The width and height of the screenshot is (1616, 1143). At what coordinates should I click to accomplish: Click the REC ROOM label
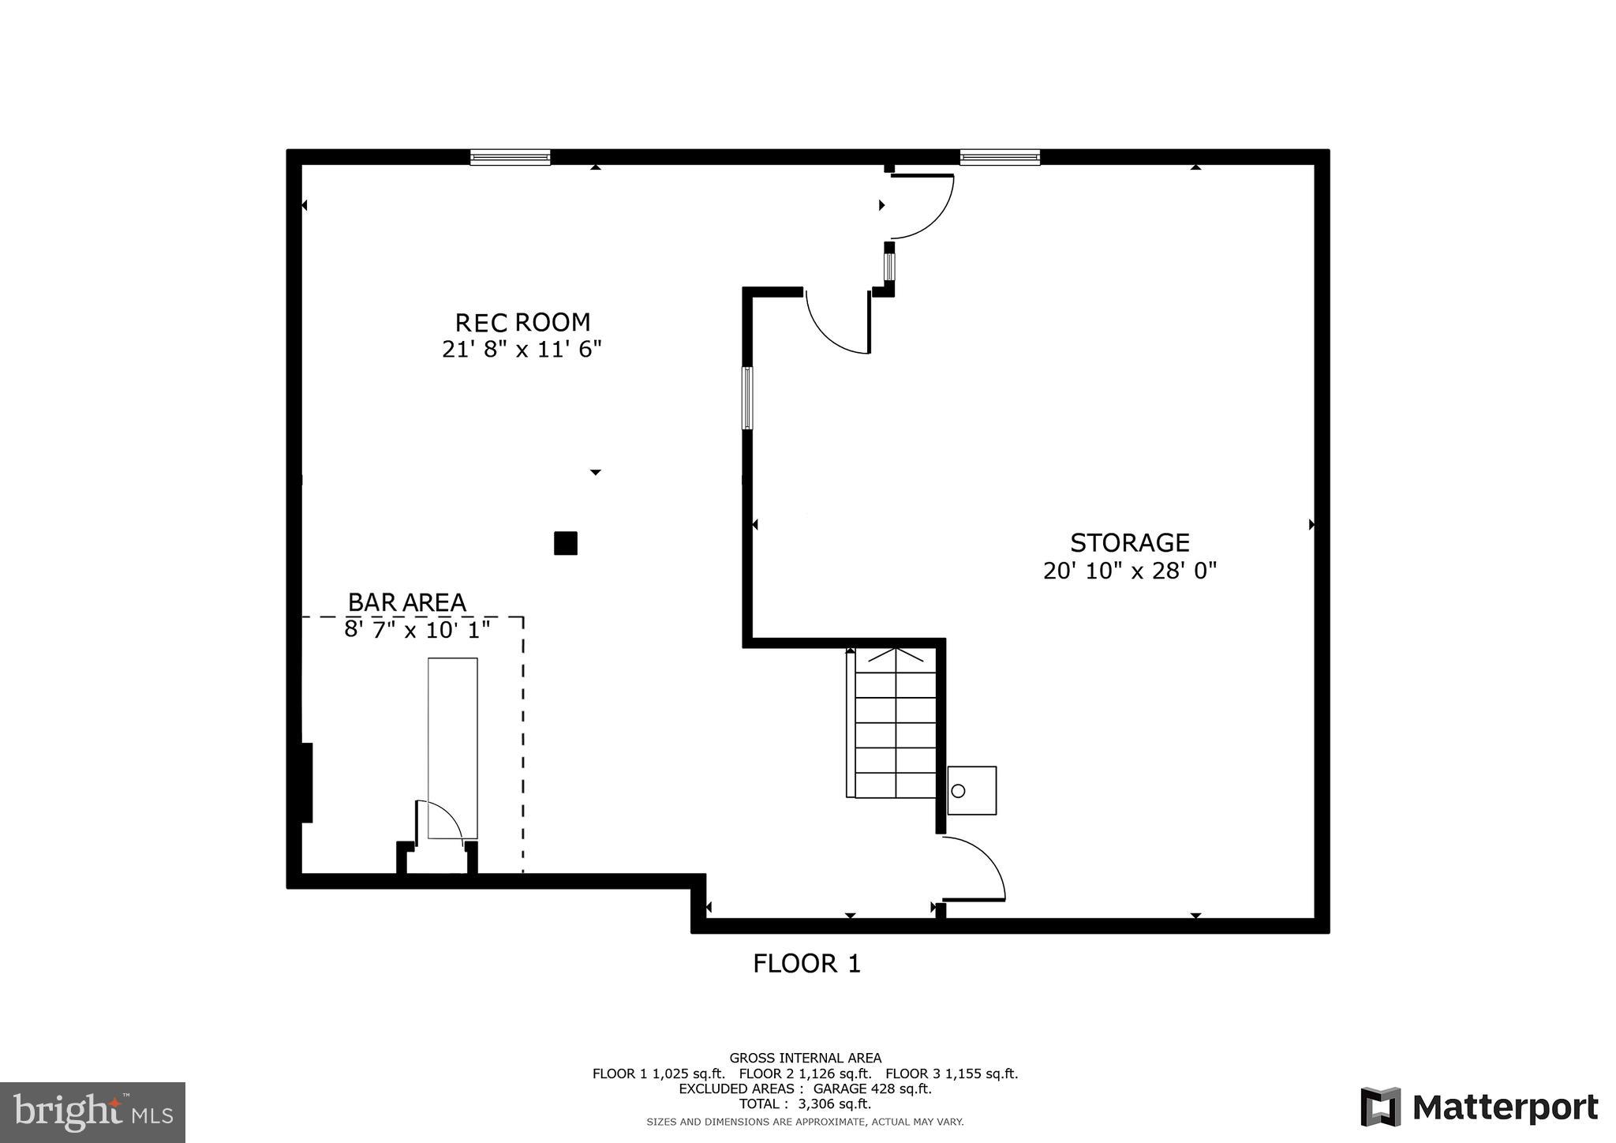tap(522, 322)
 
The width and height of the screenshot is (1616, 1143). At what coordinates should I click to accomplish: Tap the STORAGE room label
tap(1129, 542)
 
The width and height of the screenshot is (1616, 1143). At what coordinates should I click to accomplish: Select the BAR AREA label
tap(406, 602)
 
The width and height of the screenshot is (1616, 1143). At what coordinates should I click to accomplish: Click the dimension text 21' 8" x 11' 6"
tap(522, 349)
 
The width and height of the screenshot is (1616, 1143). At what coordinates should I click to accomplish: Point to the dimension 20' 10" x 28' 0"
tap(1129, 570)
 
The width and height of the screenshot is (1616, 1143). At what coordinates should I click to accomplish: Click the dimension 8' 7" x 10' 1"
tap(417, 630)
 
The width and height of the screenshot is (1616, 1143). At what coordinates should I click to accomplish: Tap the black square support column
tap(565, 543)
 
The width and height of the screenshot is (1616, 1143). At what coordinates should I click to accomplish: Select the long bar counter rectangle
tap(452, 747)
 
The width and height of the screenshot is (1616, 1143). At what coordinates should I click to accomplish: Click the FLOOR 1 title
tap(806, 963)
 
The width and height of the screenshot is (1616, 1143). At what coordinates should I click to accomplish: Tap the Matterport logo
tap(1479, 1107)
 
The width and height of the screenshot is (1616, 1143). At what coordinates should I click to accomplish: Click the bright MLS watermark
tap(92, 1112)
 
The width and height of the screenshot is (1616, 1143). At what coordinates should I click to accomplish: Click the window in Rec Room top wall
tap(510, 157)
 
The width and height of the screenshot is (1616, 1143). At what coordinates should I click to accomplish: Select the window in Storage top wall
tap(1000, 157)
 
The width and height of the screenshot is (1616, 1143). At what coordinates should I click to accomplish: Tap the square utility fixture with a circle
tap(971, 790)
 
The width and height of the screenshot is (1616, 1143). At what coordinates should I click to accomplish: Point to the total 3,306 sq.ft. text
tap(805, 1104)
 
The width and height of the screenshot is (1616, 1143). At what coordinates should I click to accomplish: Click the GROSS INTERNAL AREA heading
tap(805, 1058)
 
